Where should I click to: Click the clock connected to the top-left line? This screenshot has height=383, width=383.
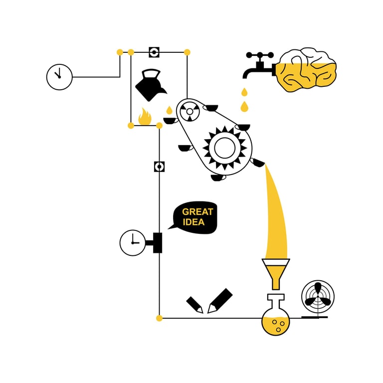coord(59,77)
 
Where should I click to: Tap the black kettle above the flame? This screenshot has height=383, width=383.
coord(149,85)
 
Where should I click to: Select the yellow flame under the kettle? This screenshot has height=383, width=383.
coord(145,117)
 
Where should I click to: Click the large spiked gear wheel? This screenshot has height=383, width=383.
coord(224,147)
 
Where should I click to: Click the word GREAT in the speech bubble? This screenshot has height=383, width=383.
coord(197,211)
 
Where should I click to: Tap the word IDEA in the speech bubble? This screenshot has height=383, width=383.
coord(193,222)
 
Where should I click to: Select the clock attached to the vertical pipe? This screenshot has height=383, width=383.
coord(133,243)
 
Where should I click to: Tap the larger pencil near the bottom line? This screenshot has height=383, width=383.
coord(220,300)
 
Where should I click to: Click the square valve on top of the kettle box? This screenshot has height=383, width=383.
coord(154,52)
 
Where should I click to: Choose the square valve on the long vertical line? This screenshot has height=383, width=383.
coord(160,167)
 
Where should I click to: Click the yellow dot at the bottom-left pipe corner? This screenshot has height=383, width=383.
coord(160,318)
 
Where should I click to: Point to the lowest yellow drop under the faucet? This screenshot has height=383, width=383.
coord(244,106)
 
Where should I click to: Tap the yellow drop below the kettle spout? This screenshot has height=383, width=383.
coord(169,110)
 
